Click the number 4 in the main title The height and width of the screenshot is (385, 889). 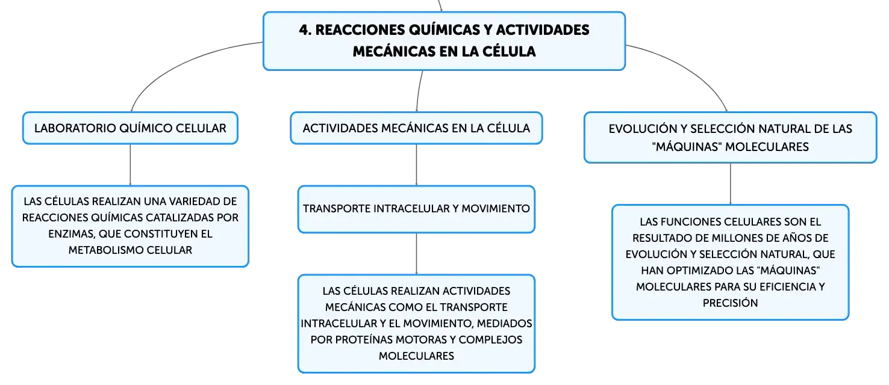tap(304, 29)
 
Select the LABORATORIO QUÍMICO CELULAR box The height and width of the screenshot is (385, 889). tap(130, 128)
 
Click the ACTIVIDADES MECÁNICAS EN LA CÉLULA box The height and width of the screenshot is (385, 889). tap(416, 128)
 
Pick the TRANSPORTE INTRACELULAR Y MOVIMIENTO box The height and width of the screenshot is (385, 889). tap(416, 209)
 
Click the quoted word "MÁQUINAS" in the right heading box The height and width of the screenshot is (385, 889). tap(687, 147)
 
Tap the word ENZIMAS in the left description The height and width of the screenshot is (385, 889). tap(72, 234)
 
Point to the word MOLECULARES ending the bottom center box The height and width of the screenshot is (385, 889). tap(416, 356)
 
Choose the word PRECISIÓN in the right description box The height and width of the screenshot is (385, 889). tap(730, 303)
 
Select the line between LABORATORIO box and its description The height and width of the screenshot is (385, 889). tap(130, 165)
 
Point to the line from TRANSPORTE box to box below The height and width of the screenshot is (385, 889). tap(416, 254)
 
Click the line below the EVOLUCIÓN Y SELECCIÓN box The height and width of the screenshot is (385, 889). tap(730, 184)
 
